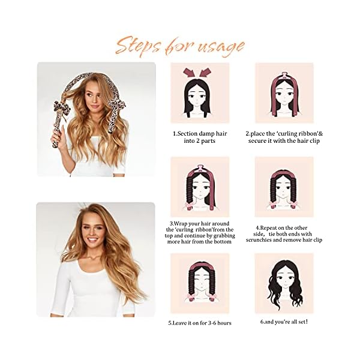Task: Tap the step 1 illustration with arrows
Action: (x=200, y=93)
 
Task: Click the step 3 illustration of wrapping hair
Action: (x=200, y=187)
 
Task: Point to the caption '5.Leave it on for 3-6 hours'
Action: (x=200, y=322)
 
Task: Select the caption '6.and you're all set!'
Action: (x=284, y=322)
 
